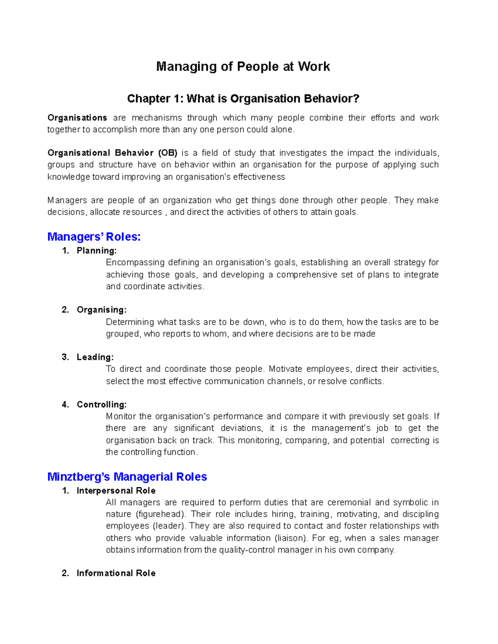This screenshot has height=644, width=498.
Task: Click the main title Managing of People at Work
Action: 243,67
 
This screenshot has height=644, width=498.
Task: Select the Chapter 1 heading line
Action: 243,99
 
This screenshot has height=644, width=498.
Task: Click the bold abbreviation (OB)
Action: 168,153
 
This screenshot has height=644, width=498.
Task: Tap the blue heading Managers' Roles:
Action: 94,237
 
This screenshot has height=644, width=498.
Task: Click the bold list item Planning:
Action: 97,251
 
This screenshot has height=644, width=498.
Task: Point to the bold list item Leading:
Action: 95,357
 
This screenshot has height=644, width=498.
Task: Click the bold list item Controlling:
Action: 102,405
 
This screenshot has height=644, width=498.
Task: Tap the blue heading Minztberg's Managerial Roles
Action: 127,477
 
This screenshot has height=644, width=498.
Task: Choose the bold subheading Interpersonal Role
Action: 116,491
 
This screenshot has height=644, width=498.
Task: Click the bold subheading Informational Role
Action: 116,574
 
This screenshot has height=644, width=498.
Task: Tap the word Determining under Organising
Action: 130,322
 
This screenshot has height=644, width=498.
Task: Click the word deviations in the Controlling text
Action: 242,428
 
